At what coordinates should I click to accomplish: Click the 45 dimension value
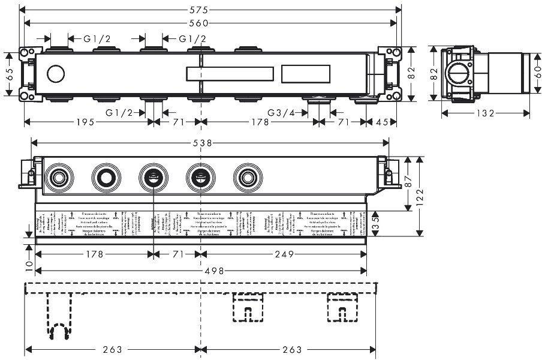pyautogui.click(x=382, y=122)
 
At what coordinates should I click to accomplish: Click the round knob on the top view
pyautogui.click(x=56, y=74)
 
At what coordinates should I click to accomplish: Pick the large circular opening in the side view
pyautogui.click(x=459, y=73)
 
